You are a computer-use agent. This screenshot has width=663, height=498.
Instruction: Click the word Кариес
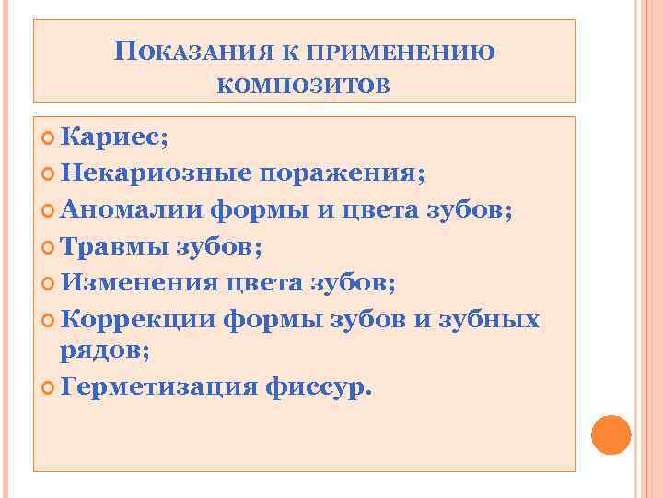pos(113,137)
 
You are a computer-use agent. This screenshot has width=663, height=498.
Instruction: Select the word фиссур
pos(317,386)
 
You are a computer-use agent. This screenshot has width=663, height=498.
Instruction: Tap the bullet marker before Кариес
pos(49,138)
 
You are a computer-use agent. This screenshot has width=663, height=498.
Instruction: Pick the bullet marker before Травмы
pos(49,246)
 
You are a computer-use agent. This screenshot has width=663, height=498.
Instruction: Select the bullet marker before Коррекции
pos(49,319)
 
